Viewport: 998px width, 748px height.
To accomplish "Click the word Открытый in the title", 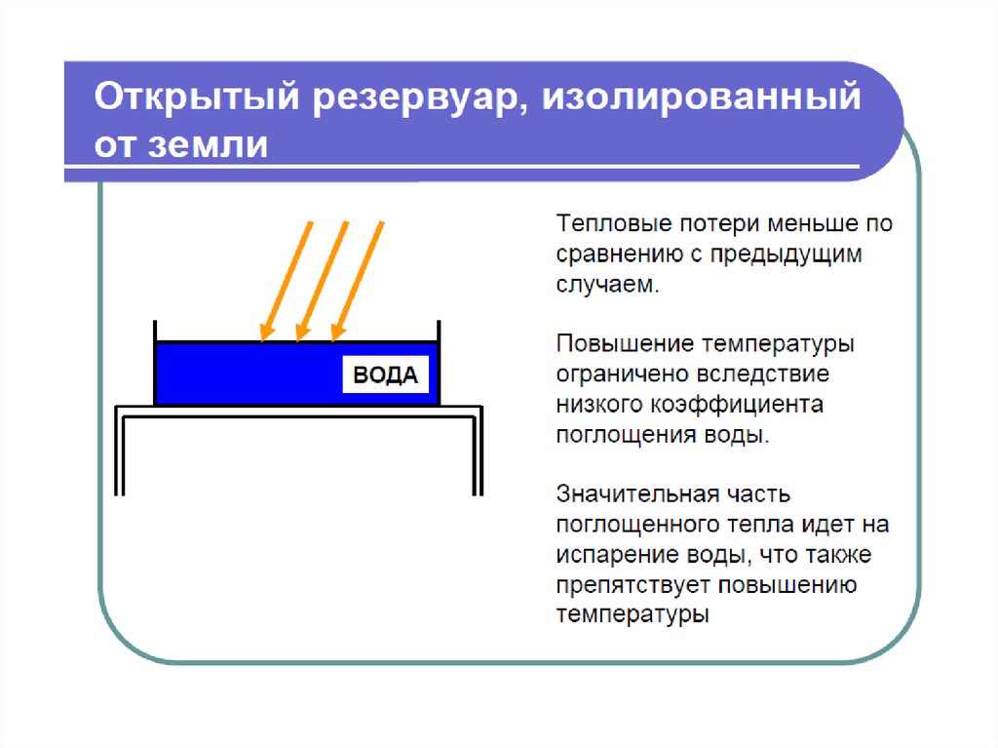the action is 197,98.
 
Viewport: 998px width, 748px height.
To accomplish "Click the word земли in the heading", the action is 209,144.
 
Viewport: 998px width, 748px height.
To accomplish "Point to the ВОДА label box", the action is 386,374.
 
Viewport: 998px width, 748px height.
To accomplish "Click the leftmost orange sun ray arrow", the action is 287,281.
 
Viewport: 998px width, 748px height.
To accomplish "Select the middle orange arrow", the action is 322,281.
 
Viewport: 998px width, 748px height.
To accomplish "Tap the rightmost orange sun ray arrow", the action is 358,281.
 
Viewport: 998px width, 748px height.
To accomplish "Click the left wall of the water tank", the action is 155,362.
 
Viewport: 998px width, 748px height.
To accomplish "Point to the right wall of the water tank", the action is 439,362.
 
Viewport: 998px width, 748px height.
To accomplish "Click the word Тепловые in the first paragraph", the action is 614,223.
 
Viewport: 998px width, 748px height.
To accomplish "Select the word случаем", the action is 607,285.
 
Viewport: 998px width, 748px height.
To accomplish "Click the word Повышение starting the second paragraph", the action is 625,344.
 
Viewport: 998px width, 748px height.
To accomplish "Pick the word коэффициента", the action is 737,405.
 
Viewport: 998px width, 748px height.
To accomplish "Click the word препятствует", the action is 633,585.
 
